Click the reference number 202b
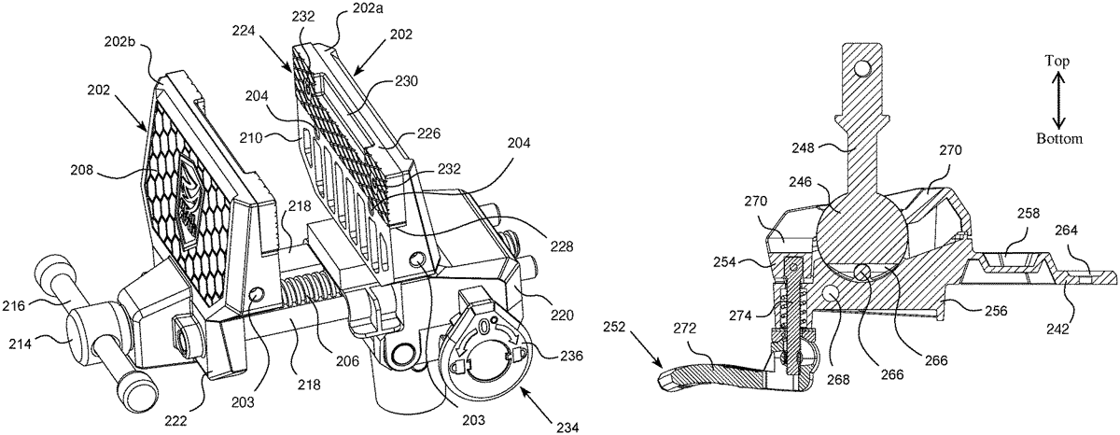point(119,41)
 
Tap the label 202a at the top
point(367,8)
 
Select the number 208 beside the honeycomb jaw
point(82,170)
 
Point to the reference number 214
point(20,344)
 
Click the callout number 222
point(176,421)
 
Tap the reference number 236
point(571,356)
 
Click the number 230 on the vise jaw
point(406,81)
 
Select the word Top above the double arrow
point(1057,62)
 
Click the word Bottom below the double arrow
point(1059,138)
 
